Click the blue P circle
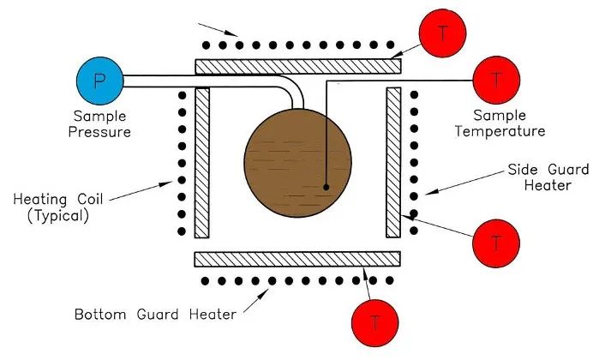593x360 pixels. pos(99,81)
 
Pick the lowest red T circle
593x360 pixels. pos(374,323)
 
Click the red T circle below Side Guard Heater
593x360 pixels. pos(495,243)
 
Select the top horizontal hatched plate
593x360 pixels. pos(297,66)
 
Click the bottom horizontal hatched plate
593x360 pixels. pos(297,259)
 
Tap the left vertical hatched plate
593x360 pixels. pos(202,162)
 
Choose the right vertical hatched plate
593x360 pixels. pos(393,162)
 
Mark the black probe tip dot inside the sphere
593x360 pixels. pos(326,185)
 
